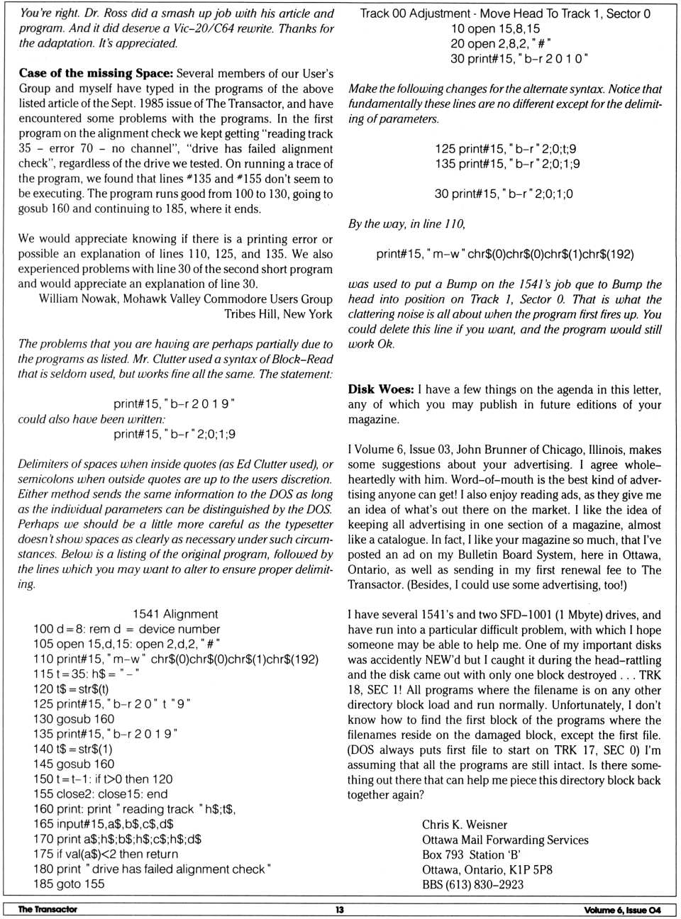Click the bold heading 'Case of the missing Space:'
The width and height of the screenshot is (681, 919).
pos(96,73)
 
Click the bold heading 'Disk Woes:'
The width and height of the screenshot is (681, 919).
pos(380,389)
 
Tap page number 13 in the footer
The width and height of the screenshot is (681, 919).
pos(340,910)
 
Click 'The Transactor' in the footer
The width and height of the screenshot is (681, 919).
pos(48,909)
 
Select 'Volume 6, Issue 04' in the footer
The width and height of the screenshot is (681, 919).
pos(622,910)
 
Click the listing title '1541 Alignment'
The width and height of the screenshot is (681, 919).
pos(175,614)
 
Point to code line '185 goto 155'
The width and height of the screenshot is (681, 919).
pos(69,884)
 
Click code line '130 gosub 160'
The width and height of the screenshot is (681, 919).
pos(74,719)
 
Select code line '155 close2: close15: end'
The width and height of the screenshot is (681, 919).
pos(101,794)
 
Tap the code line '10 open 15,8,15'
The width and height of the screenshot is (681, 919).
pos(495,28)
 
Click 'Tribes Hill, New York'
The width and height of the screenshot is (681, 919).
pos(278,313)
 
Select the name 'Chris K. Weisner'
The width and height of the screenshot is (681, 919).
pos(465,825)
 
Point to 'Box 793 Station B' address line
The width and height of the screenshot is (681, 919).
pos(471,854)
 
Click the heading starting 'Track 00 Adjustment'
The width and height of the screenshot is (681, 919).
pos(504,13)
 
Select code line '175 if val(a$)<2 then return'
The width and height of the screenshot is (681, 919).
pos(106,854)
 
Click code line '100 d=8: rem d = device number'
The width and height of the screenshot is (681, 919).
pos(126,629)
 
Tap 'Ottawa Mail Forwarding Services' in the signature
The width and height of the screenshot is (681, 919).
pos(505,840)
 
